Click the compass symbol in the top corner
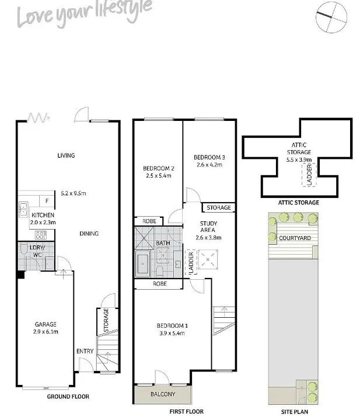click(x=331, y=17)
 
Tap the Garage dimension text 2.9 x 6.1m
click(x=46, y=332)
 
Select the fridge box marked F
click(x=47, y=201)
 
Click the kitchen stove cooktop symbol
click(x=41, y=235)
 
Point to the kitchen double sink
click(x=23, y=210)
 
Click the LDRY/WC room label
click(x=37, y=251)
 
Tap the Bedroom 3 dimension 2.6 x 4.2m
click(x=209, y=165)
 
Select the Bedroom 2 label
click(x=159, y=168)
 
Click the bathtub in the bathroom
click(x=142, y=264)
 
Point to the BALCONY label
click(x=163, y=394)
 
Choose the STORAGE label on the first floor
click(x=219, y=207)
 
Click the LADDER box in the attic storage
click(x=309, y=175)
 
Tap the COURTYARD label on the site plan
click(x=295, y=238)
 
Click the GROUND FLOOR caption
click(x=68, y=397)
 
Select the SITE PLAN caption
click(x=295, y=412)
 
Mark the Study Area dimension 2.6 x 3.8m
click(x=209, y=237)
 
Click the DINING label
click(x=89, y=234)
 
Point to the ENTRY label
click(x=85, y=351)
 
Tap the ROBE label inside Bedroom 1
click(x=160, y=284)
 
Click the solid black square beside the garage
click(x=21, y=275)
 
